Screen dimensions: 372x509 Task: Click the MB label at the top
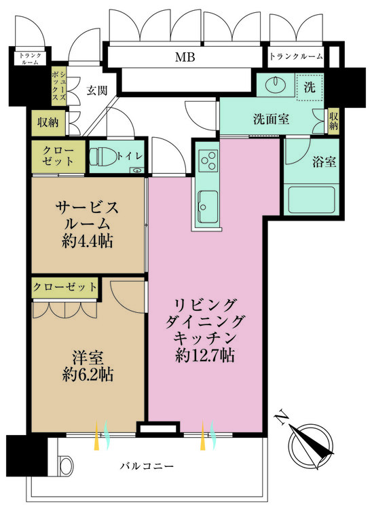[185, 57]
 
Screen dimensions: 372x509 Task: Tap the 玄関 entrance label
[96, 90]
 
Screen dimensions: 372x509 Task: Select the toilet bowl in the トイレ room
[103, 157]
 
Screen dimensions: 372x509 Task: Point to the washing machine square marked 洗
[310, 87]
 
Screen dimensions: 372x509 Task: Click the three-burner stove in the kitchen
[208, 159]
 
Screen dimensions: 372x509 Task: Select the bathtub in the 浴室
[312, 200]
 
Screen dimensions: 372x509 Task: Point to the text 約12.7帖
[204, 356]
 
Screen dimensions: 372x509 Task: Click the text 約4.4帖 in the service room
[88, 241]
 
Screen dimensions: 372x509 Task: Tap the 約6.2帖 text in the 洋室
[88, 375]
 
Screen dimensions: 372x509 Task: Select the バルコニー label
[147, 466]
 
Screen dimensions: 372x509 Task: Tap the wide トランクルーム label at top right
[296, 57]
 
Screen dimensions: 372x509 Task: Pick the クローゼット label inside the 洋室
[65, 287]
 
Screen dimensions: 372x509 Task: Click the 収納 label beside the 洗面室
[333, 120]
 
